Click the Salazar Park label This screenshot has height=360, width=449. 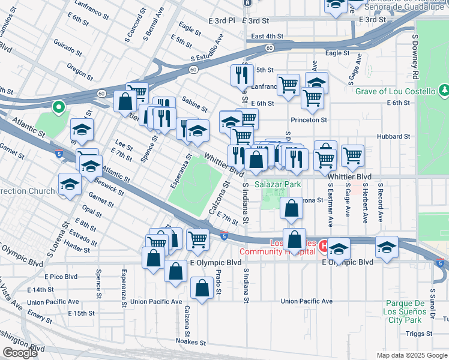tap(277, 185)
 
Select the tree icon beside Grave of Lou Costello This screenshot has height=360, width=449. tap(444, 91)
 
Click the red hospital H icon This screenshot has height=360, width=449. tap(323, 246)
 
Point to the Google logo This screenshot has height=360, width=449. tap(20, 353)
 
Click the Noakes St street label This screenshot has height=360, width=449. tap(191, 343)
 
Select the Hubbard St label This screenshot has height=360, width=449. tap(394, 136)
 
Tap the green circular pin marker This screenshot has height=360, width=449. tap(58, 107)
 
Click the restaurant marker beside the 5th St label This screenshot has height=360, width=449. tap(240, 75)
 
